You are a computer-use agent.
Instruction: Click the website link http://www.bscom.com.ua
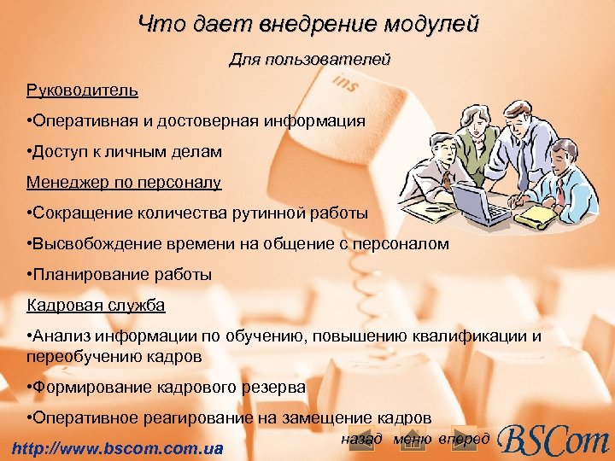point(114,448)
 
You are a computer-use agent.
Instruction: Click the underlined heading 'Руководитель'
point(82,90)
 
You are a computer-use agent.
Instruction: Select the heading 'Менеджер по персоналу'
point(124,182)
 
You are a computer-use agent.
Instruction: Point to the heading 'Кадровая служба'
point(96,305)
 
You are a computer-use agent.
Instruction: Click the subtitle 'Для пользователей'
point(309,60)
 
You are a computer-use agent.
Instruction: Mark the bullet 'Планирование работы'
point(120,274)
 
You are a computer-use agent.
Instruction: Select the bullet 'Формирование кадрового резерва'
point(167,387)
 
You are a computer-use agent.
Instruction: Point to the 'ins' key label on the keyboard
point(345,84)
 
